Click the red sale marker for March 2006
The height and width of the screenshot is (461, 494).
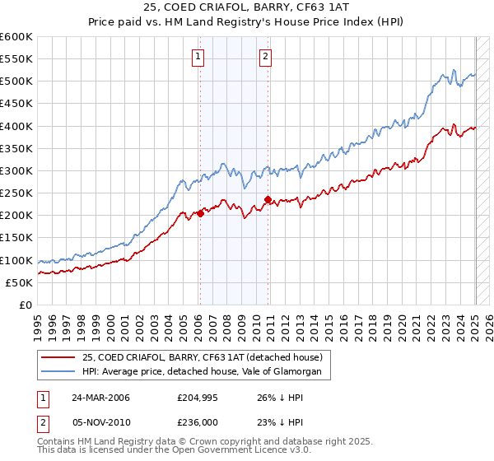click(x=200, y=213)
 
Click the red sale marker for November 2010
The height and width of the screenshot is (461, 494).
click(x=268, y=199)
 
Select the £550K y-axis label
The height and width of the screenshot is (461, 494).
click(x=16, y=59)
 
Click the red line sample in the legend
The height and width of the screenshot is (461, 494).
click(x=58, y=357)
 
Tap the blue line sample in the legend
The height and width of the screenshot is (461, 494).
click(x=58, y=372)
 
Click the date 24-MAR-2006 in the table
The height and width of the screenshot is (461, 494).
click(x=100, y=397)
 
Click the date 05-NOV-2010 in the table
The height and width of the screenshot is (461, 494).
click(x=100, y=423)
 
